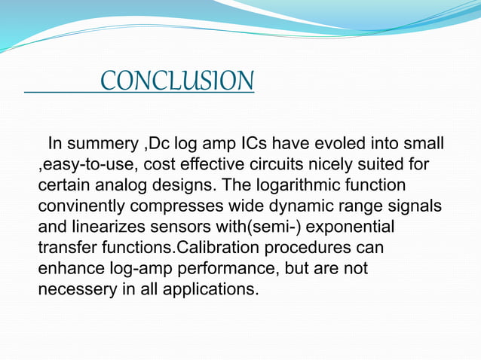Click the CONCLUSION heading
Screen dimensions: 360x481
point(177,81)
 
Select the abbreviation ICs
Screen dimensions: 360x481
point(250,144)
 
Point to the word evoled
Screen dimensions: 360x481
point(344,144)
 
